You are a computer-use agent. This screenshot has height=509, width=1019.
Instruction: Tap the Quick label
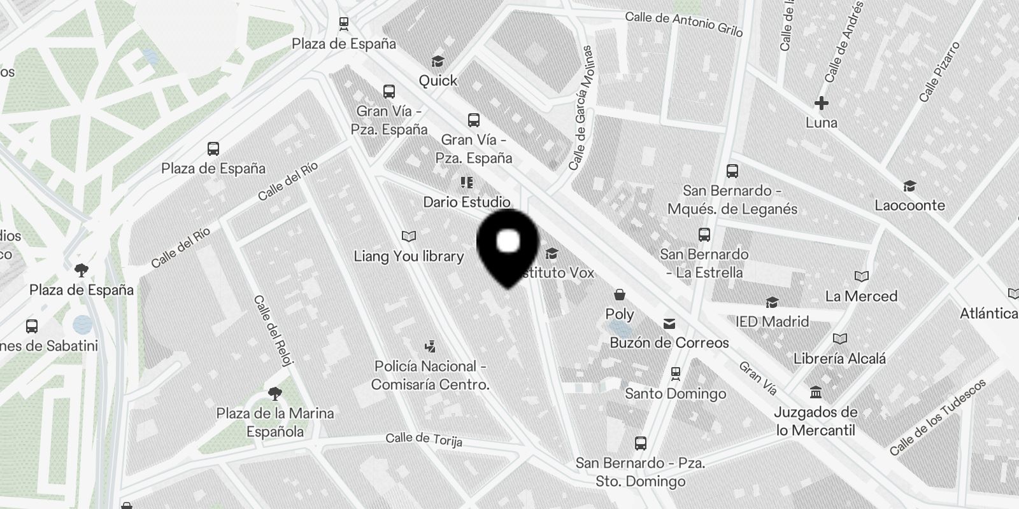click(438, 81)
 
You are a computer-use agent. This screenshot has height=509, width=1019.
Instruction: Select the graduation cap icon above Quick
click(438, 62)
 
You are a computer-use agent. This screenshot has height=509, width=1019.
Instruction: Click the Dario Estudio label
click(467, 202)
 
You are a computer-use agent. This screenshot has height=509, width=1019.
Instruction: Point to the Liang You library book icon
click(409, 237)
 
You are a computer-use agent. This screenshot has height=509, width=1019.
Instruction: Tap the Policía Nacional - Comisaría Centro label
click(431, 375)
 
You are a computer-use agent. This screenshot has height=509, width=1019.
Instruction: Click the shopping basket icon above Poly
click(619, 295)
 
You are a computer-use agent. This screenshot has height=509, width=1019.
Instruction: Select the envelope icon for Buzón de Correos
click(669, 324)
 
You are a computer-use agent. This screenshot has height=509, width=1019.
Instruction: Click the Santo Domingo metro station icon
click(676, 373)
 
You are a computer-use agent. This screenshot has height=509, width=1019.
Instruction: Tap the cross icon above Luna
click(822, 102)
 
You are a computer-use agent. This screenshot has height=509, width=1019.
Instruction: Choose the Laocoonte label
click(909, 206)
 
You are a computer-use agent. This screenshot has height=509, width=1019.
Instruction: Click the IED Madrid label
click(772, 321)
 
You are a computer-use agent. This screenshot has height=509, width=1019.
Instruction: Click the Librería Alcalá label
click(839, 359)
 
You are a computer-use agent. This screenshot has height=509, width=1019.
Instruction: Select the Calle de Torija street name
click(424, 439)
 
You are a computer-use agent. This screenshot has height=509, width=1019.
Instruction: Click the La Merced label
click(861, 296)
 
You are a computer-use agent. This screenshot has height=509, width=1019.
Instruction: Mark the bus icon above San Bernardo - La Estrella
click(704, 235)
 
